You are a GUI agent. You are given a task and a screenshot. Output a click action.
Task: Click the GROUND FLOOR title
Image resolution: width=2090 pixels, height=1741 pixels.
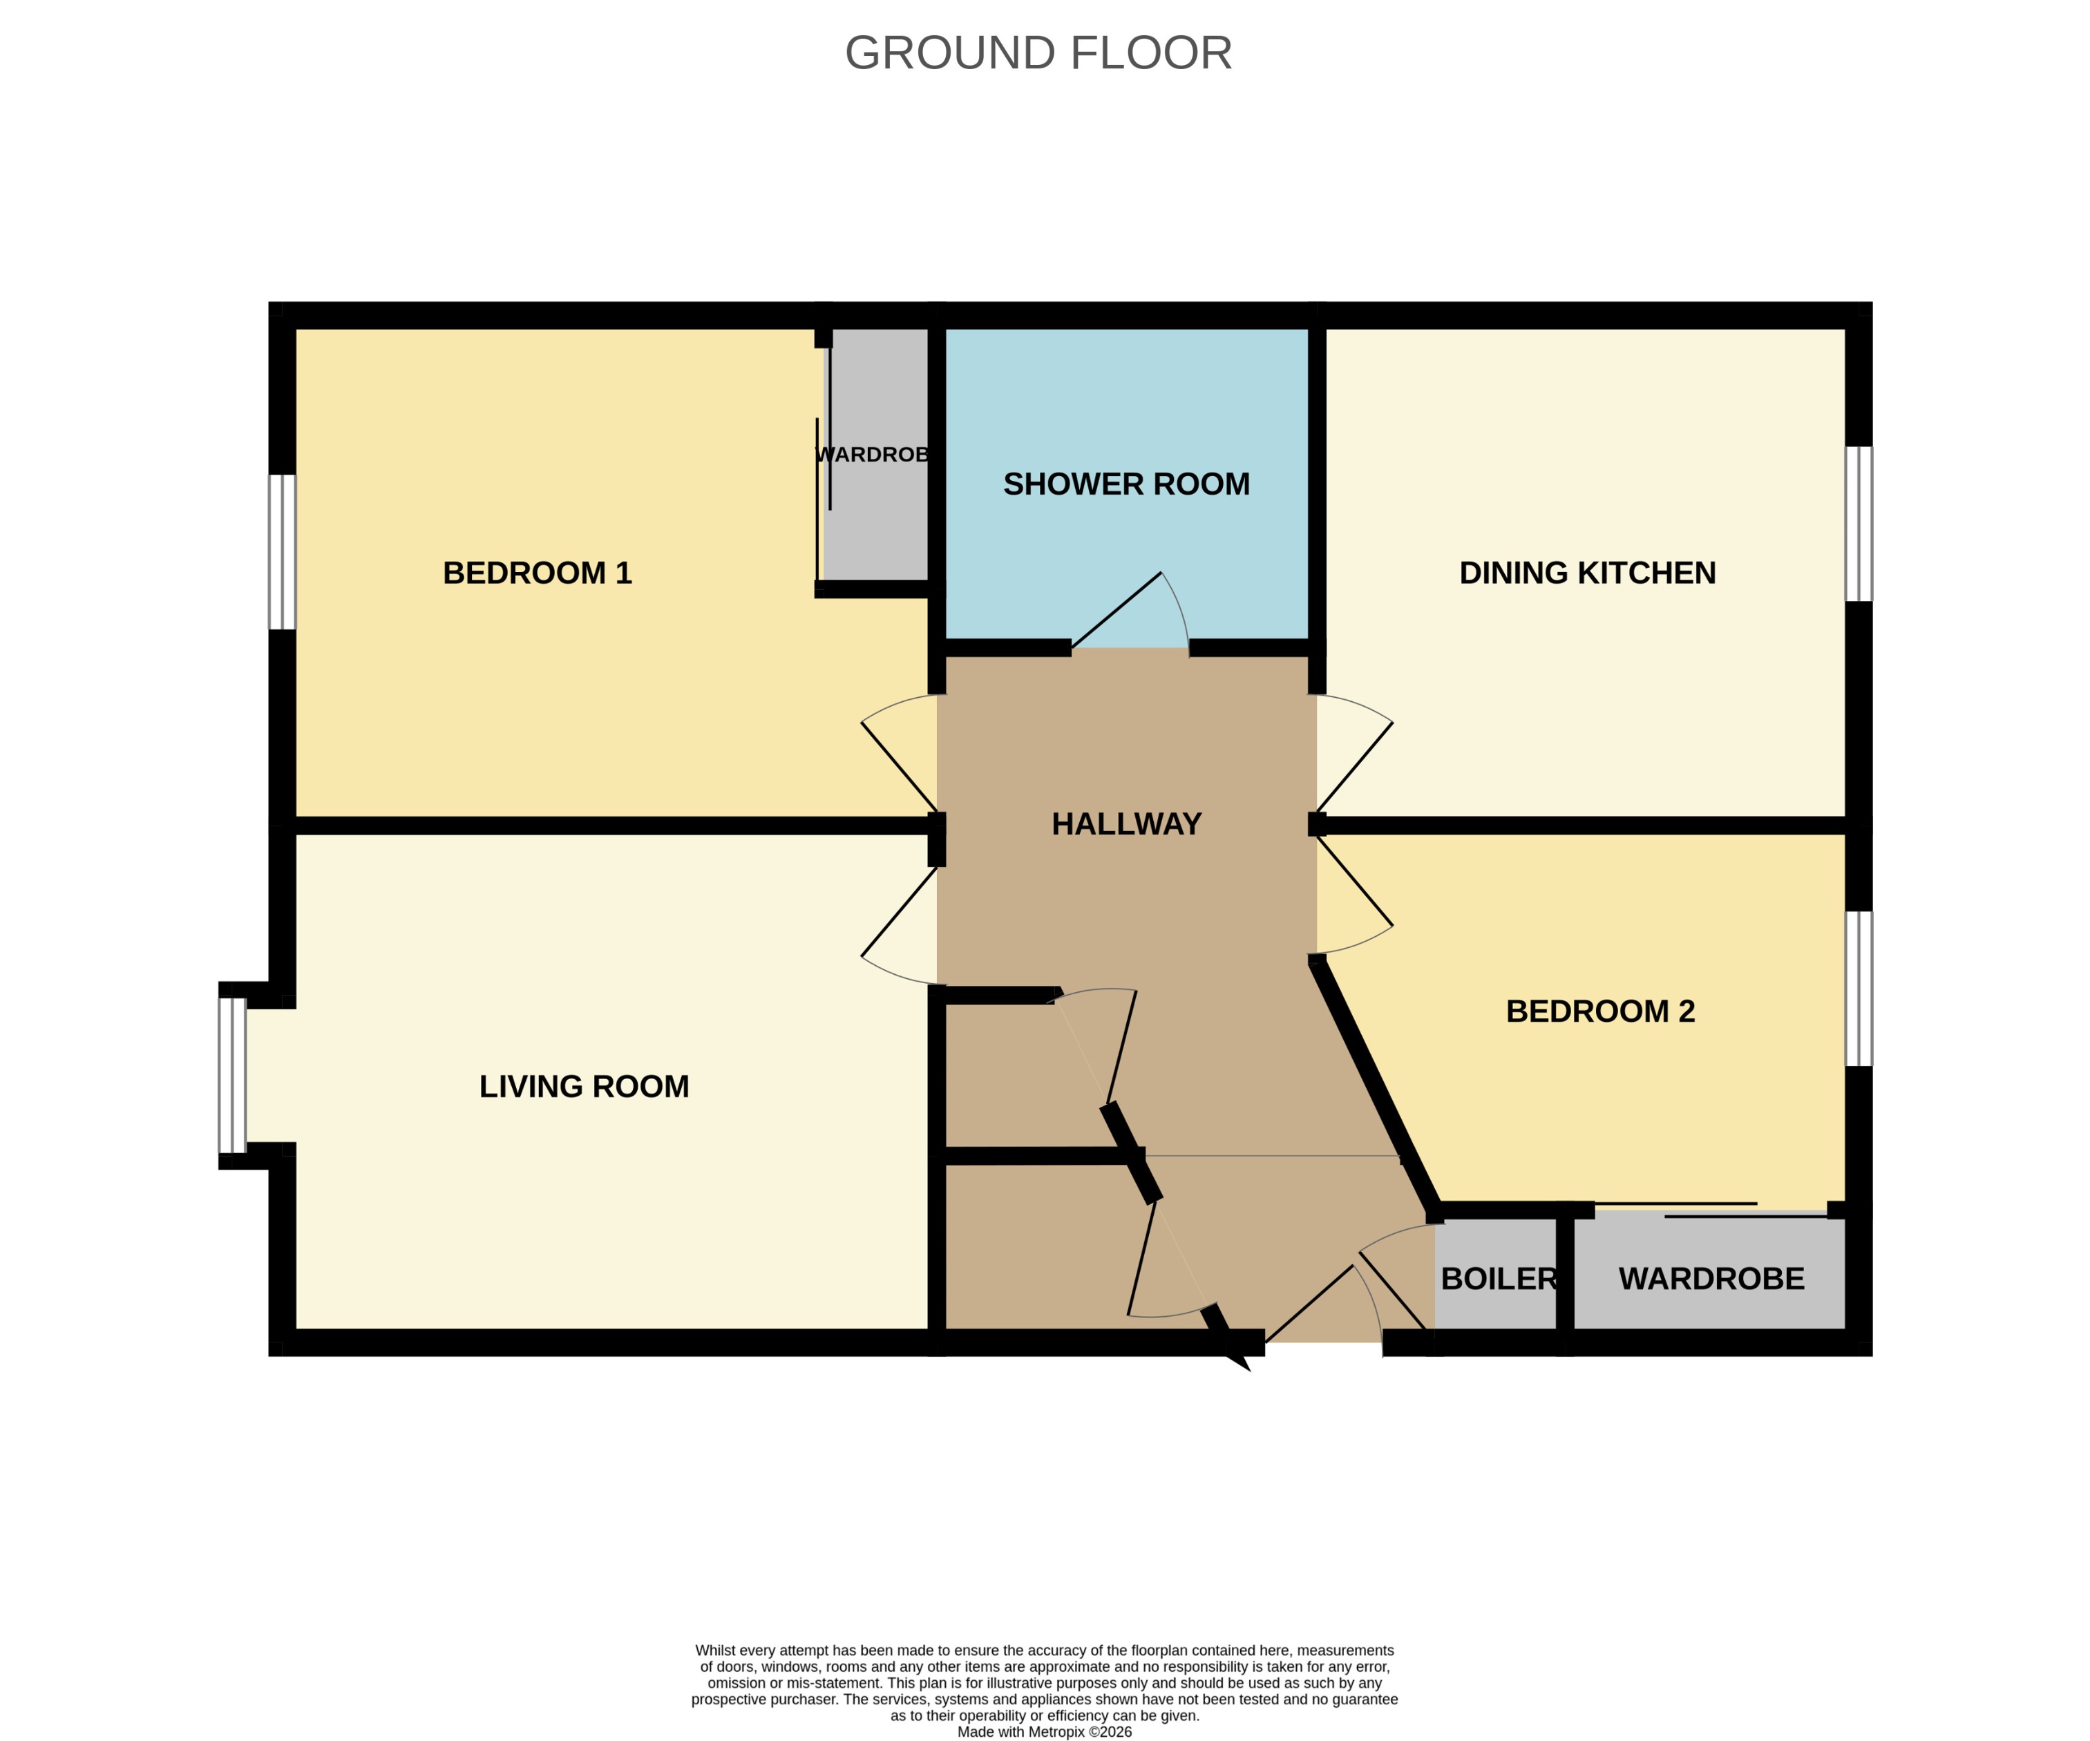coord(1038,53)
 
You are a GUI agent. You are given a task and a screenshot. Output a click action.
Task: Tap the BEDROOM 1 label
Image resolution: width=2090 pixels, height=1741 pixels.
coord(538,573)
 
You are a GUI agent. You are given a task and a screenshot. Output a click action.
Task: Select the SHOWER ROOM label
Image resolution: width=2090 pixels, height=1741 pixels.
coord(1125,484)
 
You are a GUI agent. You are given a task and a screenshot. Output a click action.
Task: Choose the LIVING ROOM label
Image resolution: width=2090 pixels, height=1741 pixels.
coord(585,1086)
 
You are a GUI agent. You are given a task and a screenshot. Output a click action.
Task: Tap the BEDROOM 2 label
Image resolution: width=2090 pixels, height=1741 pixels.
coord(1600,1011)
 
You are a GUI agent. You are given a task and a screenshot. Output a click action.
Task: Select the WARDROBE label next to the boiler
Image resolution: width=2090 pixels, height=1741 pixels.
coord(1711,1279)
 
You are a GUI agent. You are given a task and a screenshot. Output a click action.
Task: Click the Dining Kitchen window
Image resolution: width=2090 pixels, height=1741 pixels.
coord(1858,524)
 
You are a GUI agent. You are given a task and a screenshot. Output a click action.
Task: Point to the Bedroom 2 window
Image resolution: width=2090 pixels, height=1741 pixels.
coord(1858,989)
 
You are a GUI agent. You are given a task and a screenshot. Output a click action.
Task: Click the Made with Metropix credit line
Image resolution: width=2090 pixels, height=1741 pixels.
coord(1044,1731)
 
